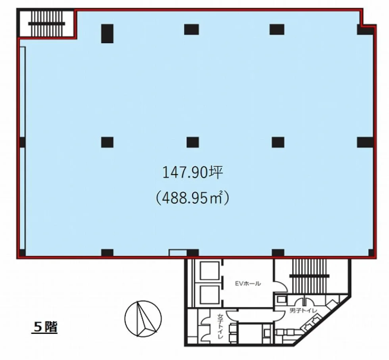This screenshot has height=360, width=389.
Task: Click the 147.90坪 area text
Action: click(192, 173)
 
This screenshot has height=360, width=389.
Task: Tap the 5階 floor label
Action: click(45, 327)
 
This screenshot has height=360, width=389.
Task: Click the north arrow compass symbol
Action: click(143, 319)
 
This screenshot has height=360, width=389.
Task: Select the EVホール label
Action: click(248, 283)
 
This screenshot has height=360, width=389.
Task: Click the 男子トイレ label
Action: click(303, 311)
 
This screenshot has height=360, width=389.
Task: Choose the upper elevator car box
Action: click(210, 271)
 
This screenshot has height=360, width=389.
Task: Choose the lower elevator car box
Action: click(210, 295)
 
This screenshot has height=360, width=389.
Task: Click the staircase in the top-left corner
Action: click(47, 24)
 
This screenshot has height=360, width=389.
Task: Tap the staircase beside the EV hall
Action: click(309, 275)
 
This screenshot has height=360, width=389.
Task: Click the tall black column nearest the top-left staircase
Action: click(107, 33)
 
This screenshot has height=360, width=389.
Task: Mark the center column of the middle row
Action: click(193, 142)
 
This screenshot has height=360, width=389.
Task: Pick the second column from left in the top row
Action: click(191, 29)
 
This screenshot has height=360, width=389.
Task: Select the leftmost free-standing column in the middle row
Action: click(107, 142)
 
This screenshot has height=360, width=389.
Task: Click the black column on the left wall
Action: click(22, 142)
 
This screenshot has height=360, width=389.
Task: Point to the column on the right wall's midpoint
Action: click(365, 142)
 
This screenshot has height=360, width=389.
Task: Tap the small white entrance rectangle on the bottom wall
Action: click(178, 252)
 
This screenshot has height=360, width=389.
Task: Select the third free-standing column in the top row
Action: click(277, 29)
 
